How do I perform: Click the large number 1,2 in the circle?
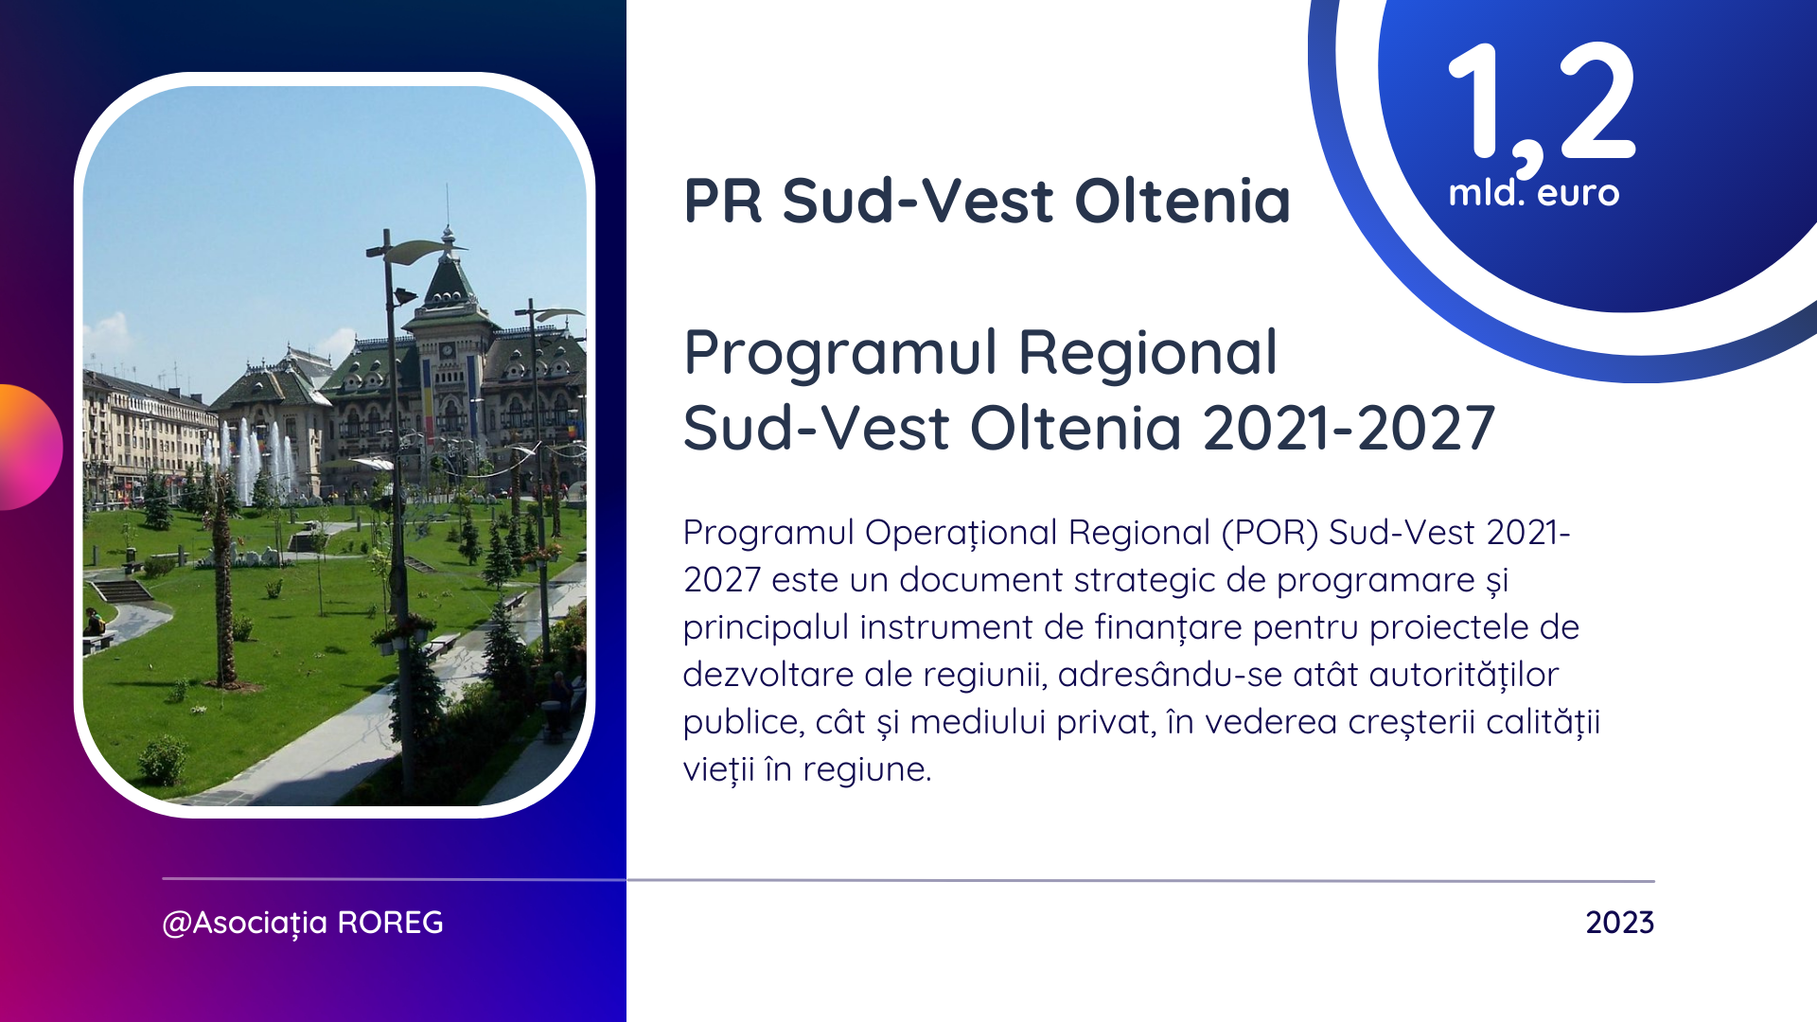pyautogui.click(x=1542, y=107)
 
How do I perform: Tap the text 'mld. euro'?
pyautogui.click(x=1534, y=193)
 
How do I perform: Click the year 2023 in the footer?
pyautogui.click(x=1620, y=923)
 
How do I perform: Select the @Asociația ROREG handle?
pyautogui.click(x=303, y=923)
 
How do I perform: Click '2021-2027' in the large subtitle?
pyautogui.click(x=1350, y=428)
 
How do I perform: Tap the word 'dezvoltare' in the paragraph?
pyautogui.click(x=768, y=675)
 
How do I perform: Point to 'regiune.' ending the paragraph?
pyautogui.click(x=868, y=769)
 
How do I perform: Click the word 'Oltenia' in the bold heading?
pyautogui.click(x=1183, y=201)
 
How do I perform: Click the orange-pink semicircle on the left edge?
pyautogui.click(x=30, y=447)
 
